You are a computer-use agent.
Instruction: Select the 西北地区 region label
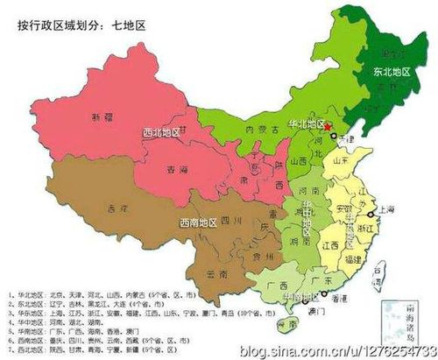[x=161, y=134]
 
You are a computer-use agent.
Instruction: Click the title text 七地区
[x=129, y=25]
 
